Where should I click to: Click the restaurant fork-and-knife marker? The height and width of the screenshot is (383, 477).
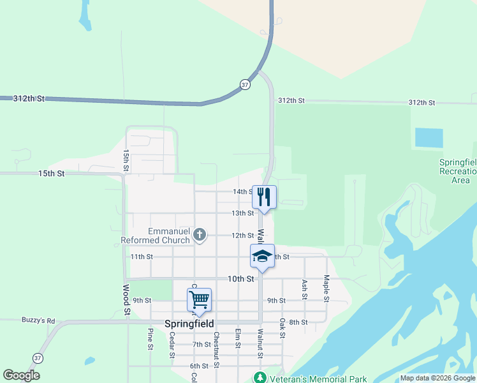264,196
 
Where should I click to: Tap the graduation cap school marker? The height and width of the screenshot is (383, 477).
262,255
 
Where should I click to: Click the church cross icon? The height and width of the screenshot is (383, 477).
200,235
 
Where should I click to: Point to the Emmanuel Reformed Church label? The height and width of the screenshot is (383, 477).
156,236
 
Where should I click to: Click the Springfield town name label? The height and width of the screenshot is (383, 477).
189,324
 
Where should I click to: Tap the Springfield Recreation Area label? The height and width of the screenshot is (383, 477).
458,171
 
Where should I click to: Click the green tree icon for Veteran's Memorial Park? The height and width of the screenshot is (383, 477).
260,378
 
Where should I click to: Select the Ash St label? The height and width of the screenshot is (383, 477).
305,289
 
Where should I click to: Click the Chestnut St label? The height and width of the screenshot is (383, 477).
216,349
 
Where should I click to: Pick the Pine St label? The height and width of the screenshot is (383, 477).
150,339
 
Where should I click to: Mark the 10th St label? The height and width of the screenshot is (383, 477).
242,279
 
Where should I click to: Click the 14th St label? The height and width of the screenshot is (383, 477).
243,191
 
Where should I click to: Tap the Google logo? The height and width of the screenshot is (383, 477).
21,375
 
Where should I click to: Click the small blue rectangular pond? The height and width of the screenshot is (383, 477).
429,138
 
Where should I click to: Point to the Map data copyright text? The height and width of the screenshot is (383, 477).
438,379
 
